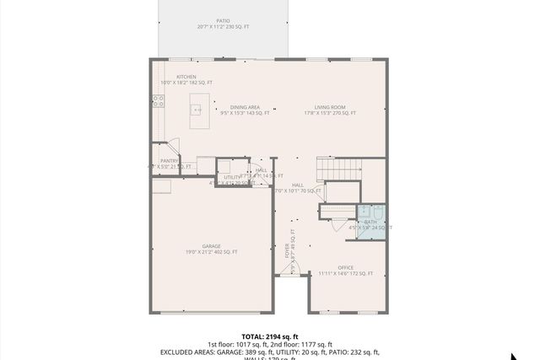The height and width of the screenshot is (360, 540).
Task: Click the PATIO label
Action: pos(223,20)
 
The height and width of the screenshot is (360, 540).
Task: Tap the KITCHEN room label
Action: pos(186,76)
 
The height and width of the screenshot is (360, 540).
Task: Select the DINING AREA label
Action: pos(245,107)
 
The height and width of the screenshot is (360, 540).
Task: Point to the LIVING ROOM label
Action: pos(330,107)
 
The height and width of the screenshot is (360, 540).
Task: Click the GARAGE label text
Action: pos(211,245)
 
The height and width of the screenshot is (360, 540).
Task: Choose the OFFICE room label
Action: pos(345,267)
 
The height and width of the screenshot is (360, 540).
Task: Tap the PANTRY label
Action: pos(169,160)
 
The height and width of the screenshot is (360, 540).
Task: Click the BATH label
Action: pos(370,222)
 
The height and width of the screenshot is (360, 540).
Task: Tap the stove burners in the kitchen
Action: pos(157,101)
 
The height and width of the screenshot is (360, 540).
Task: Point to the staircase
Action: pos(337,169)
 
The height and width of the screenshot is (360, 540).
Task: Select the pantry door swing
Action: pos(172,145)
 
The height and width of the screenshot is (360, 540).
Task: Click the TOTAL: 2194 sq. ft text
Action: pos(269,336)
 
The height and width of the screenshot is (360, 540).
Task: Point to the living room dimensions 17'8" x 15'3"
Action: pos(330,113)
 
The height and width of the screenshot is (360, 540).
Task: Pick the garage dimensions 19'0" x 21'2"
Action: pos(211,252)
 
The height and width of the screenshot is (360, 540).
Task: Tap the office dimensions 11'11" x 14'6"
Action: pos(345,273)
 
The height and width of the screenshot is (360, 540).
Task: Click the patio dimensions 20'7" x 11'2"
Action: pos(223,27)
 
